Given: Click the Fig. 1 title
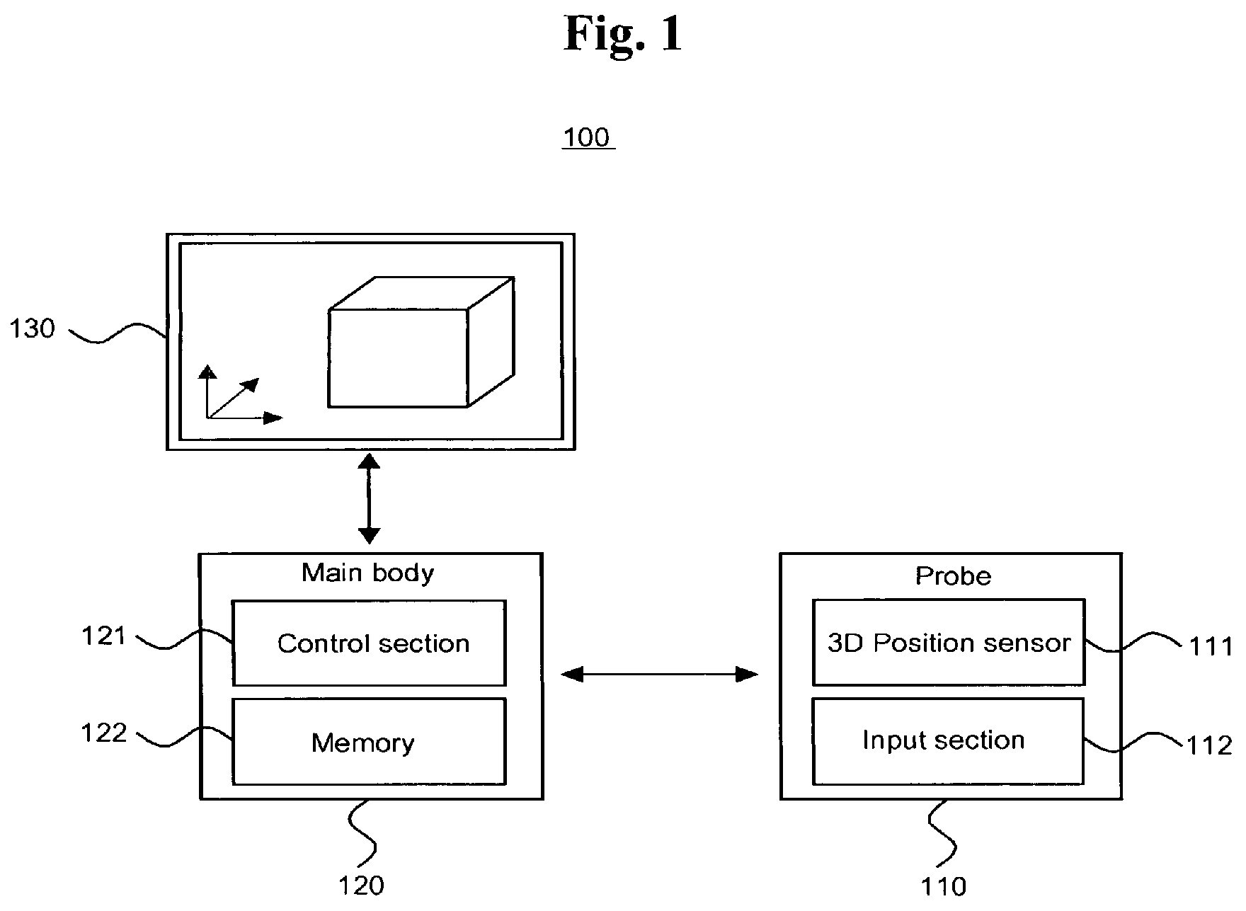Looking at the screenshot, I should click(x=623, y=34).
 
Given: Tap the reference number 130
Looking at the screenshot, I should click(x=32, y=328).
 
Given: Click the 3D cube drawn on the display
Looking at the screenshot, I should click(x=421, y=343).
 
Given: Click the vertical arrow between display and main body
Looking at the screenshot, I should click(x=369, y=499).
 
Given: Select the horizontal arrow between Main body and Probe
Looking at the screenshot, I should click(x=660, y=674).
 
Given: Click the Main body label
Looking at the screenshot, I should click(x=367, y=573).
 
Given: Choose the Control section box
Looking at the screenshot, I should click(x=369, y=643).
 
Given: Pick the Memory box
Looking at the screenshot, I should click(x=369, y=742).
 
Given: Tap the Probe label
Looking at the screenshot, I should click(x=953, y=575).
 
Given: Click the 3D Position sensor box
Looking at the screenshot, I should click(x=948, y=642).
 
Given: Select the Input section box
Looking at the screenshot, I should click(x=948, y=740).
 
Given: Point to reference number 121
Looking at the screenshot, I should click(x=103, y=636).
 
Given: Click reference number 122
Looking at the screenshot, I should click(x=103, y=733).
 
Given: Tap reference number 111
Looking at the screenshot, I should click(x=1211, y=647).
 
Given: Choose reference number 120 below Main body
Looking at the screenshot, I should click(x=362, y=886).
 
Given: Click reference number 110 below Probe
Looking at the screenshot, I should click(x=943, y=886).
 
